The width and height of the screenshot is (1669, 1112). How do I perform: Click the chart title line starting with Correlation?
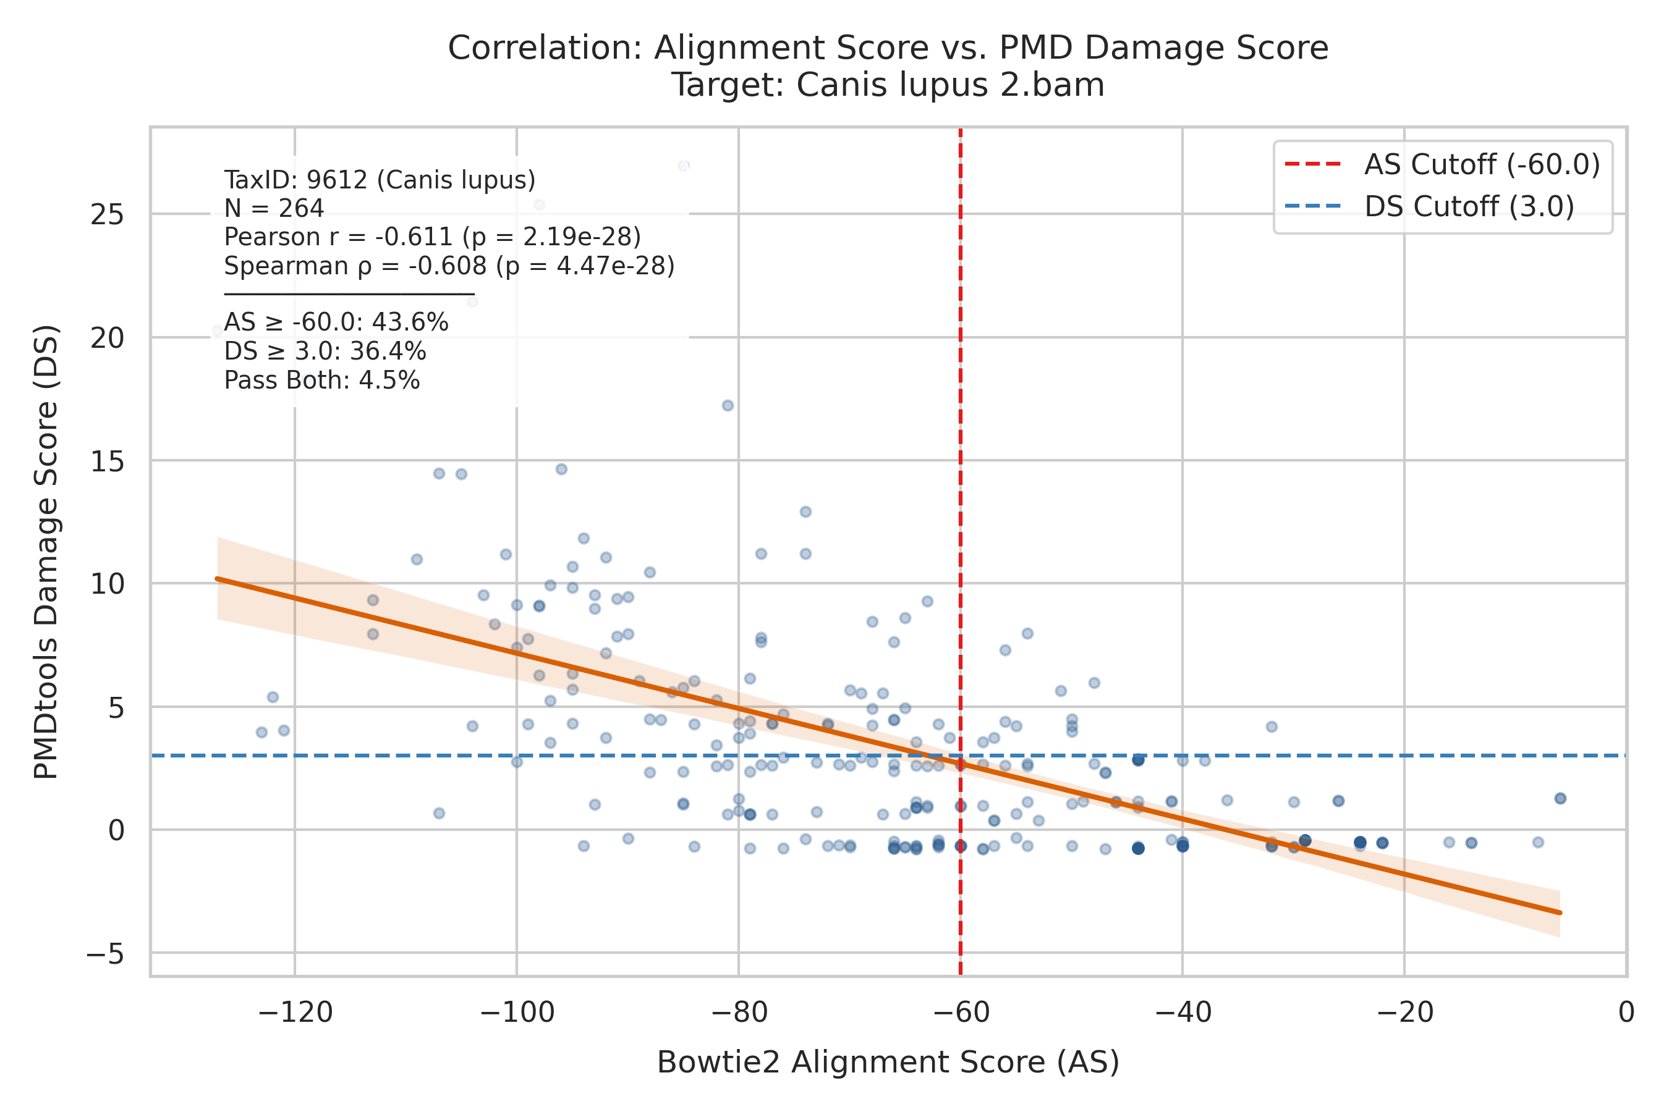pyautogui.click(x=888, y=48)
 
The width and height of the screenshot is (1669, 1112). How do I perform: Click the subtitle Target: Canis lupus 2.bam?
pyautogui.click(x=888, y=85)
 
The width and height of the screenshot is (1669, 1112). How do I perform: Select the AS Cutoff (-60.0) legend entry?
pyautogui.click(x=1442, y=164)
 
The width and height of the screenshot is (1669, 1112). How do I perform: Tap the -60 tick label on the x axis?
pyautogui.click(x=960, y=1013)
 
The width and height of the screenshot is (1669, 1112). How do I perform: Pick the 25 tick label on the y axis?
pyautogui.click(x=107, y=214)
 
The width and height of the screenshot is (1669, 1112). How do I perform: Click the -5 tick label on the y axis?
pyautogui.click(x=105, y=954)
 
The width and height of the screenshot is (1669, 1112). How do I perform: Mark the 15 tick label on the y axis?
pyautogui.click(x=107, y=461)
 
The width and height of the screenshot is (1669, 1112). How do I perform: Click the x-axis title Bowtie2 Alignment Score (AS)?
pyautogui.click(x=888, y=1063)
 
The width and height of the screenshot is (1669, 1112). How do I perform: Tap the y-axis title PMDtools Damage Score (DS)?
pyautogui.click(x=47, y=552)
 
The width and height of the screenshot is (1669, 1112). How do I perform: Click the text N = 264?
pyautogui.click(x=274, y=209)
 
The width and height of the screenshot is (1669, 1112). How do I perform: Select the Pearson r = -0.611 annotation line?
pyautogui.click(x=432, y=237)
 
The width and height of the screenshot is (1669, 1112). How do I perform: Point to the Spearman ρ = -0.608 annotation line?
pyautogui.click(x=449, y=266)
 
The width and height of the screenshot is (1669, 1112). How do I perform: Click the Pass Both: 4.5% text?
pyautogui.click(x=322, y=381)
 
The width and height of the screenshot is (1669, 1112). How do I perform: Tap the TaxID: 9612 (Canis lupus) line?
pyautogui.click(x=380, y=180)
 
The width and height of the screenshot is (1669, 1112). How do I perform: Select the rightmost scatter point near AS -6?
pyautogui.click(x=1560, y=799)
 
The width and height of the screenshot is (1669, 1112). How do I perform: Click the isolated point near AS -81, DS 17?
pyautogui.click(x=728, y=406)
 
